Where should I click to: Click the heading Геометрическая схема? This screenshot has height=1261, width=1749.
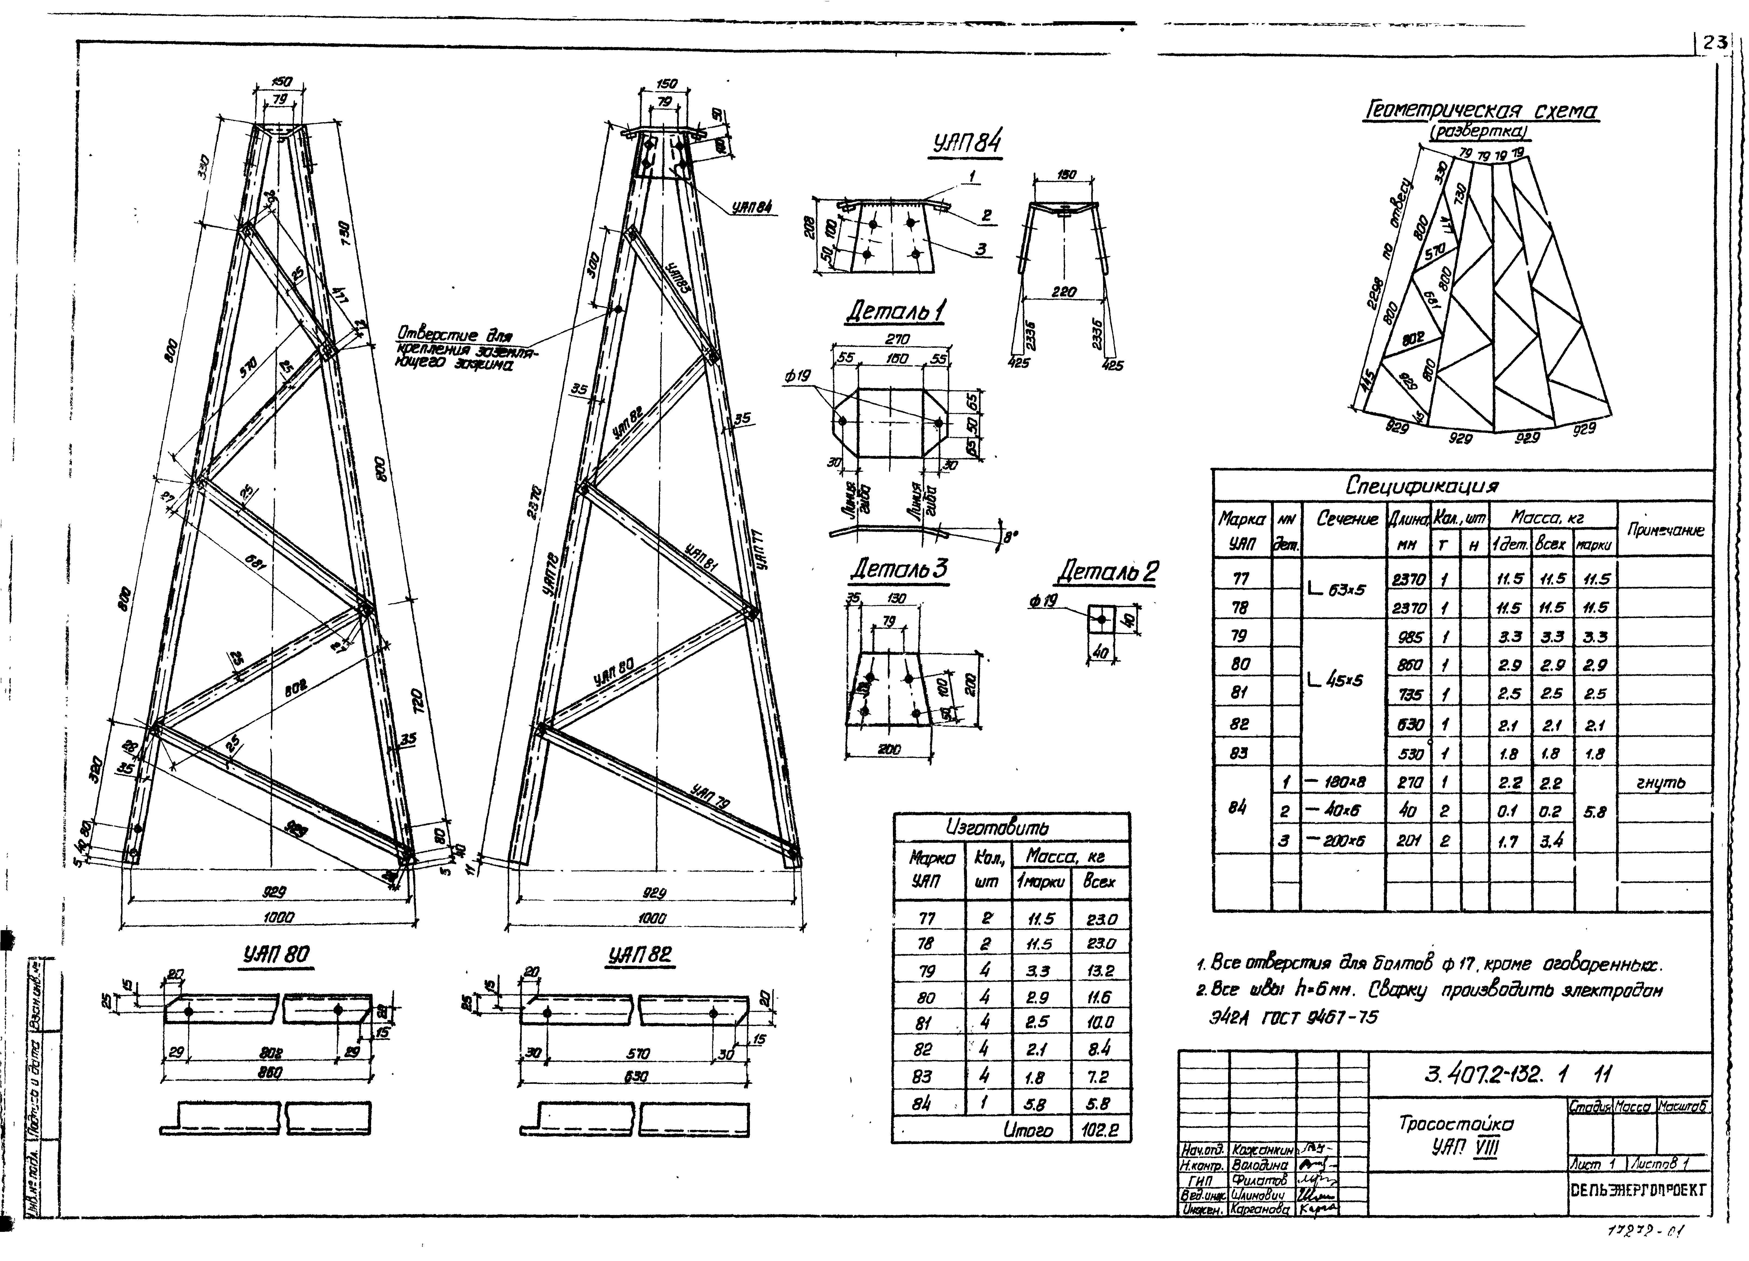1481,112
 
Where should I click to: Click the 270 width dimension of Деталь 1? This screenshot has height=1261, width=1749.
897,339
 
